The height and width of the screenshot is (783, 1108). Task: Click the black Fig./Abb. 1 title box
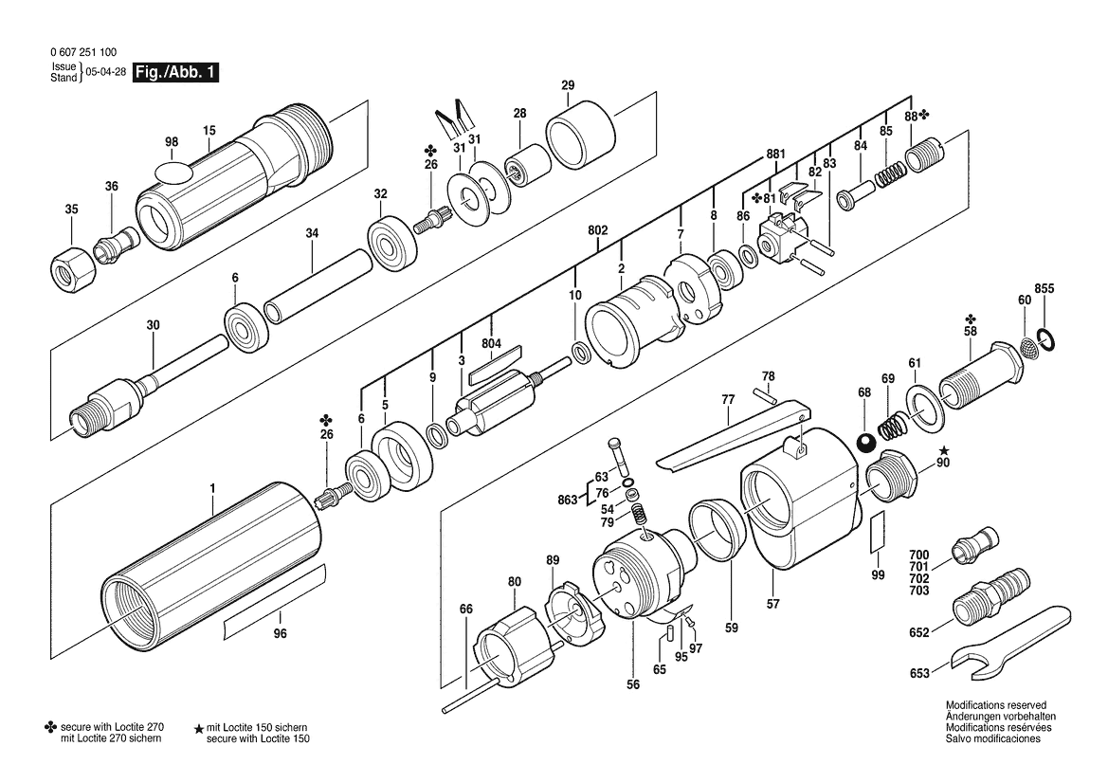tap(176, 72)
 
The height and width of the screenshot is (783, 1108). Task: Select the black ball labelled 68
tap(865, 444)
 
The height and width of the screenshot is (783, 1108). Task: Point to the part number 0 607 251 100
tap(84, 52)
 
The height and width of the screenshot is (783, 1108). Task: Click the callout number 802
tap(598, 230)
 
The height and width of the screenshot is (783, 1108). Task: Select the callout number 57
tap(773, 604)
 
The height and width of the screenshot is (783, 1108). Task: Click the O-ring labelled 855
tap(1047, 339)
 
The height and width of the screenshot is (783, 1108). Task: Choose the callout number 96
tap(281, 633)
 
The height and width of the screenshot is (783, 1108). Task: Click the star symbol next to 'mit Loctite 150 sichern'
tap(199, 727)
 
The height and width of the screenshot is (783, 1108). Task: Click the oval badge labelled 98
tap(173, 171)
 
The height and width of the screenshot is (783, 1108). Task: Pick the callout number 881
tap(776, 155)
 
